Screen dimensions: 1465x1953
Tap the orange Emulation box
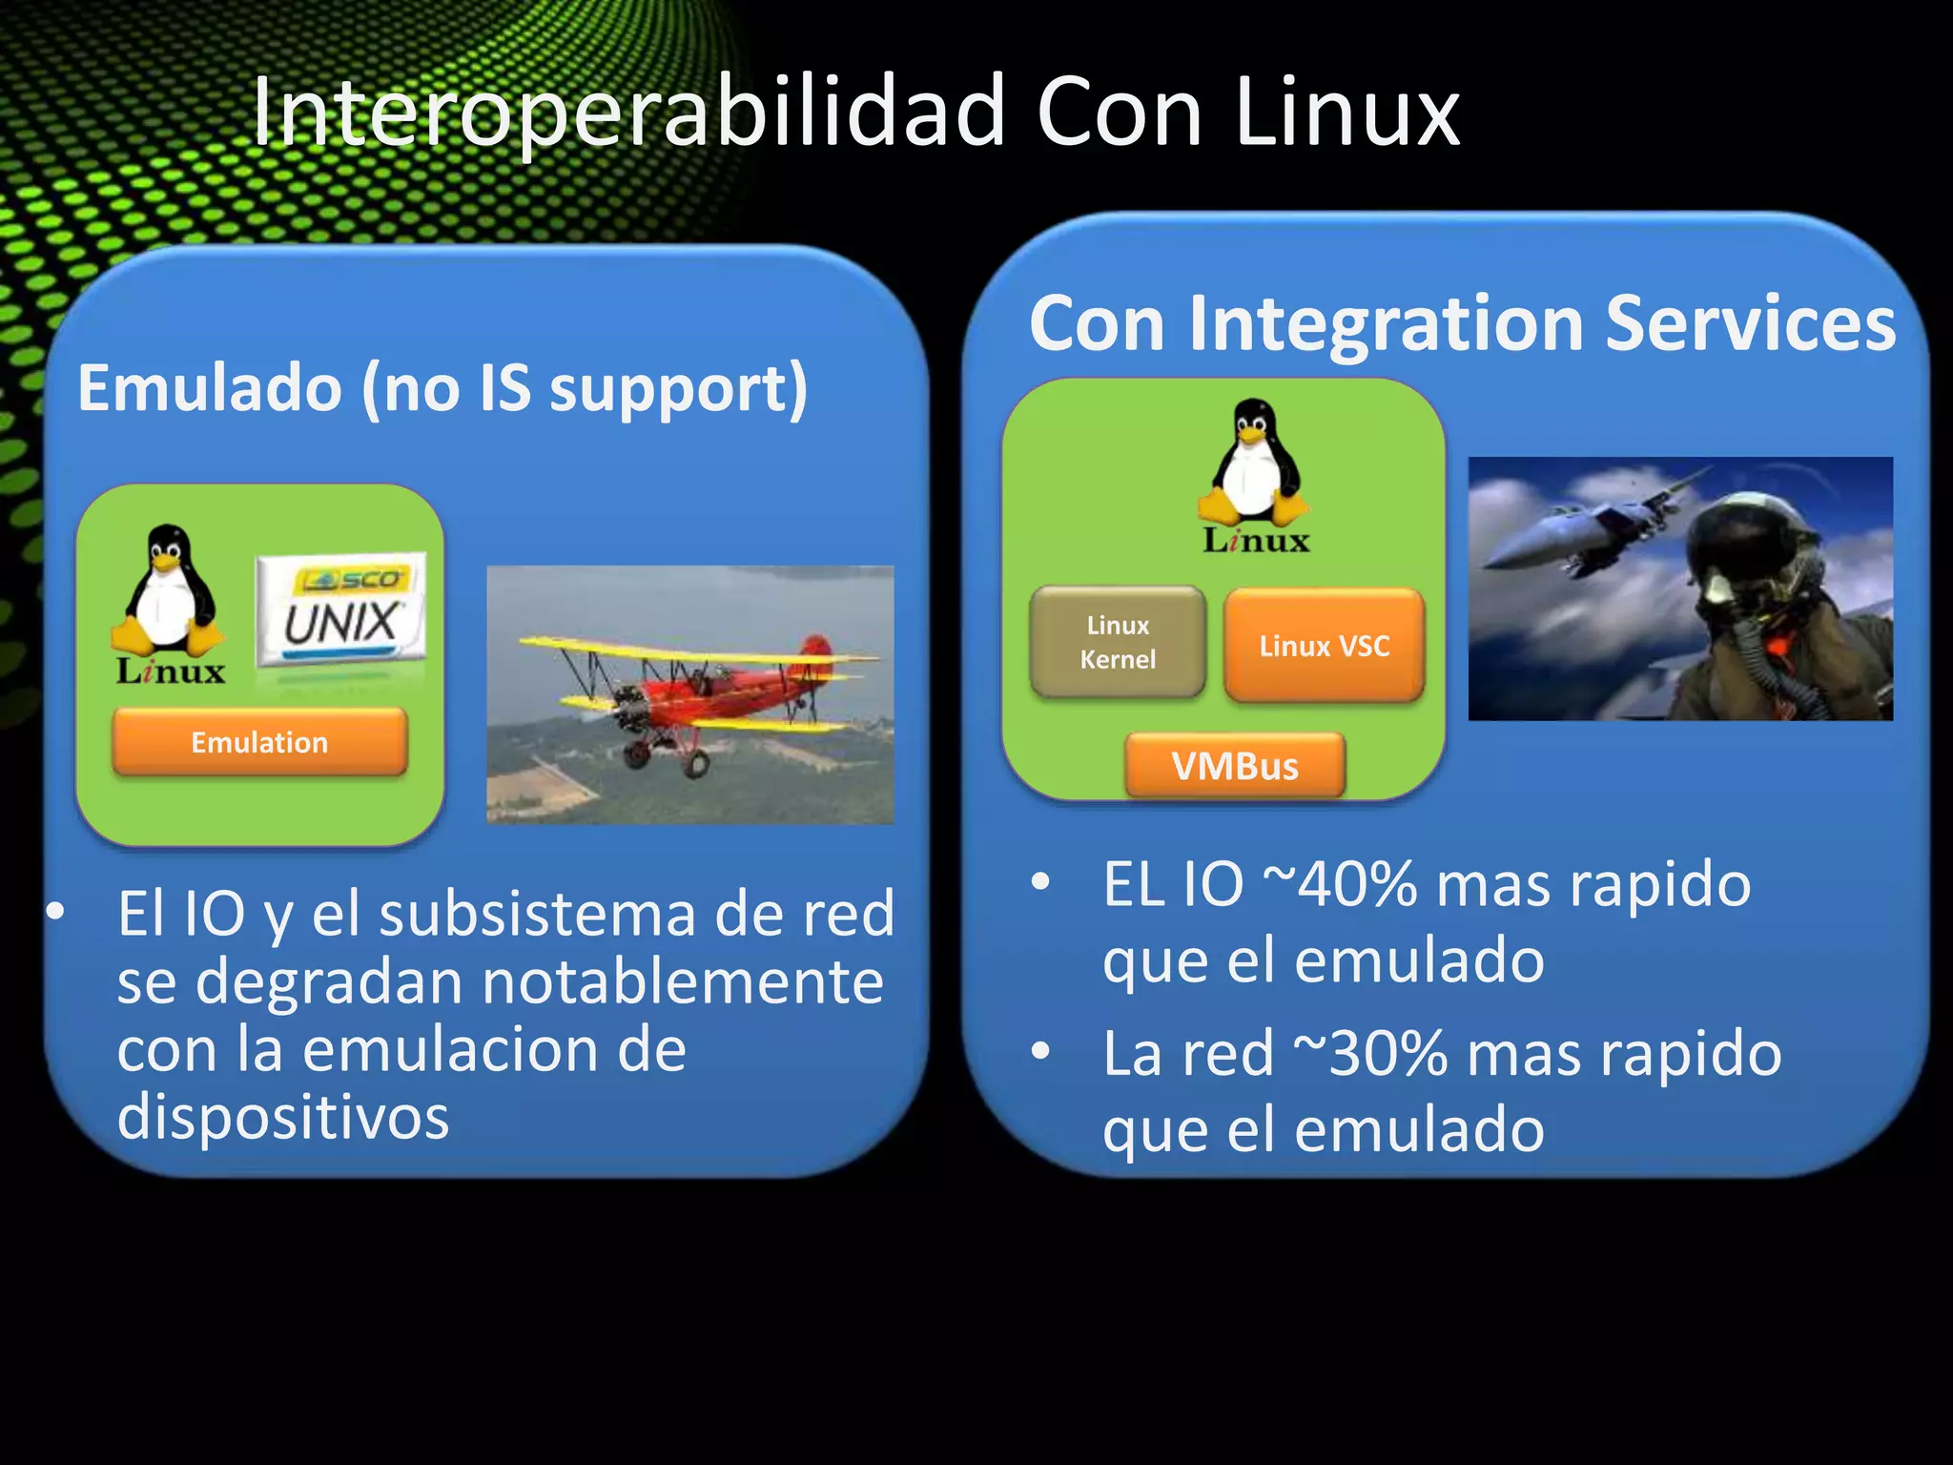tap(259, 742)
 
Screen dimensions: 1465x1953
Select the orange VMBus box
tap(1235, 766)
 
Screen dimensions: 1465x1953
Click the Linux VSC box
tap(1324, 646)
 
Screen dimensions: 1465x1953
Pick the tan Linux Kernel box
tap(1118, 642)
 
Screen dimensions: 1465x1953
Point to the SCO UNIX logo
tap(340, 609)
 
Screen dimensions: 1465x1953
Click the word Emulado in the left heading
tap(210, 388)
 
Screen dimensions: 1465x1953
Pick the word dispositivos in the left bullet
tap(283, 1117)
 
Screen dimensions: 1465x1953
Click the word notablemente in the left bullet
tap(683, 982)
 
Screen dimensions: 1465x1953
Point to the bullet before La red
tap(1040, 1052)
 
